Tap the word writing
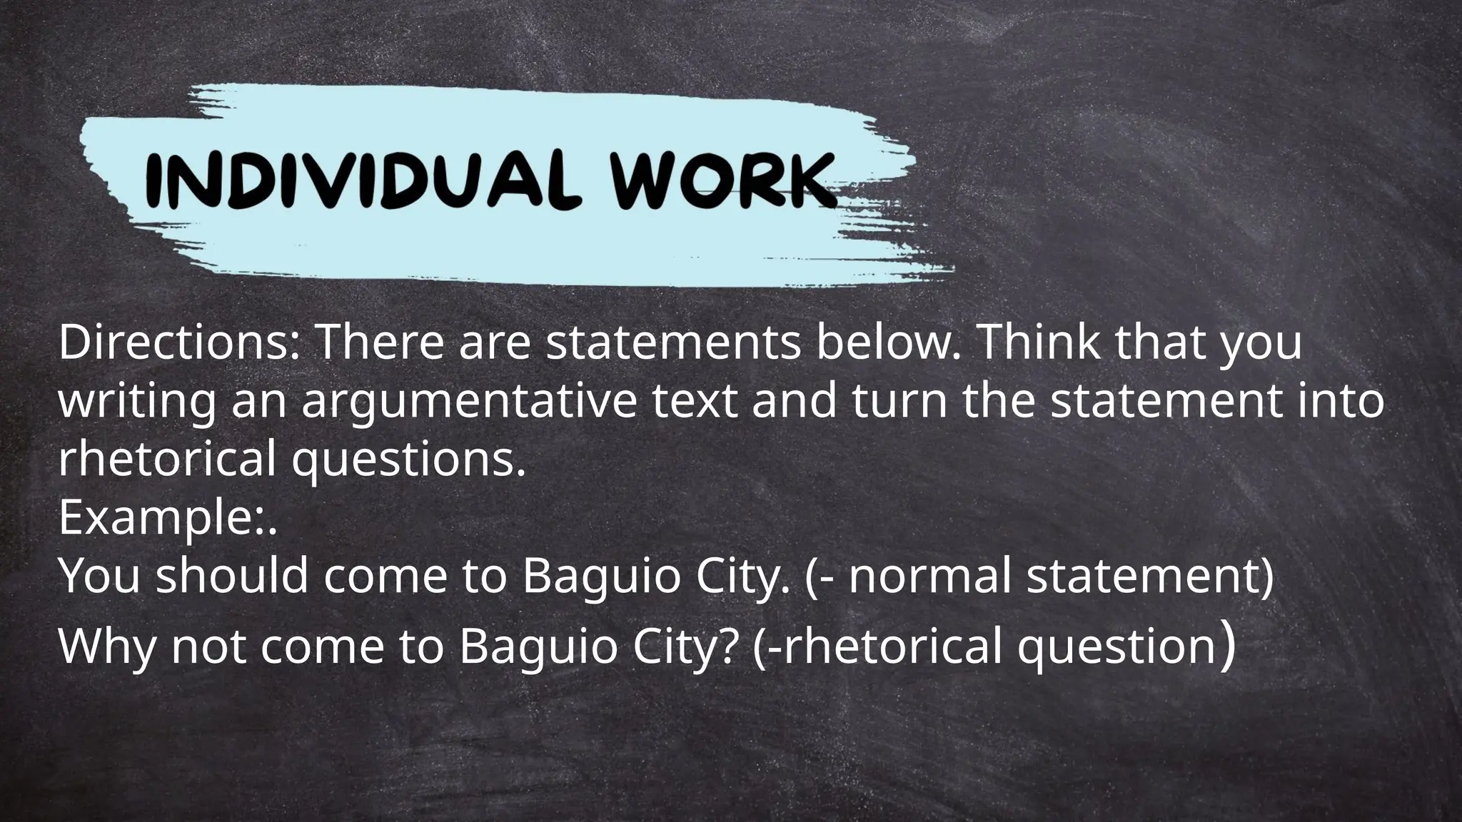[x=136, y=402]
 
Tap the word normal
[x=929, y=576]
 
